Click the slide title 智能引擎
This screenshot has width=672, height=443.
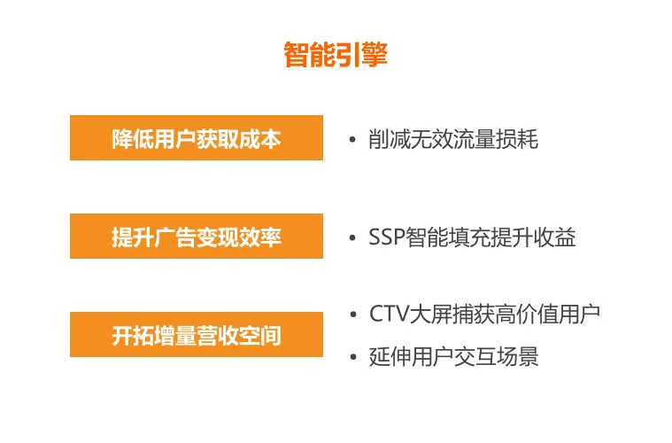coord(336,55)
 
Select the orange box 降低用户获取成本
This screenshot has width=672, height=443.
coord(196,139)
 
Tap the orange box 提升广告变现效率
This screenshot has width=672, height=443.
coord(196,237)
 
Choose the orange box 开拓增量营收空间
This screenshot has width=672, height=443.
coord(196,335)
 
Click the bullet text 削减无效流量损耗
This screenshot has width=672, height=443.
coord(453,139)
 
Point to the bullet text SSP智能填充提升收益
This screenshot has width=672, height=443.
coord(472,237)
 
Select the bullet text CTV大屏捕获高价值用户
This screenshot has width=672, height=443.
coord(484,314)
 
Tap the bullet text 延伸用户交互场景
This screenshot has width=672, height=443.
coord(453,356)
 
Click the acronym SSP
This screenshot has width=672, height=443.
coord(387,237)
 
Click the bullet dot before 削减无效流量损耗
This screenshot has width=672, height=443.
coord(352,140)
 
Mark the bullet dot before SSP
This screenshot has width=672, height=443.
coord(352,238)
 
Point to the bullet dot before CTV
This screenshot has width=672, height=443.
coord(352,315)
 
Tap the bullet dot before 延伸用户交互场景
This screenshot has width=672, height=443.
coord(352,357)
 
